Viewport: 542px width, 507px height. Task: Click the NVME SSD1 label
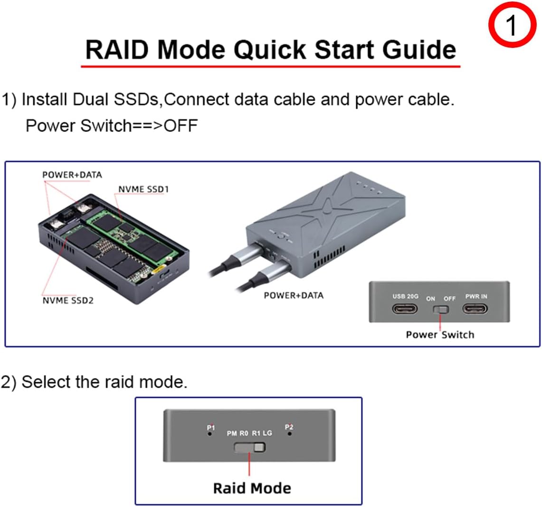pyautogui.click(x=143, y=189)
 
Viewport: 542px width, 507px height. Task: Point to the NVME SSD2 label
pyautogui.click(x=68, y=300)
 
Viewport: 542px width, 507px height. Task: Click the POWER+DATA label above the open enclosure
pyautogui.click(x=72, y=175)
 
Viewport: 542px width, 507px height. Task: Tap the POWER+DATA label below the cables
pyautogui.click(x=293, y=295)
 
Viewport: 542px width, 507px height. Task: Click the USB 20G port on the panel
pyautogui.click(x=405, y=309)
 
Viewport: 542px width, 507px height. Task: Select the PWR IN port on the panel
pyautogui.click(x=475, y=309)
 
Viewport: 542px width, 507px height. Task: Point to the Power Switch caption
pyautogui.click(x=440, y=335)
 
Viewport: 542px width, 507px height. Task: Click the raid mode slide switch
pyautogui.click(x=250, y=448)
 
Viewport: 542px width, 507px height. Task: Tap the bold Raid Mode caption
pyautogui.click(x=252, y=488)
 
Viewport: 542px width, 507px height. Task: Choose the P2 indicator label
pyautogui.click(x=289, y=427)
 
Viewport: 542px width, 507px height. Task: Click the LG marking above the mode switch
pyautogui.click(x=267, y=433)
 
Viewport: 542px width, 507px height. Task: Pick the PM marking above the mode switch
pyautogui.click(x=232, y=433)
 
